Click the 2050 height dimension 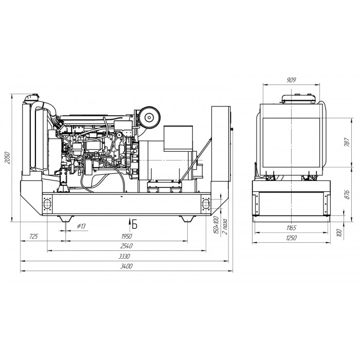[8, 157]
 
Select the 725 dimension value [33, 236]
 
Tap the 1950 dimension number [127, 236]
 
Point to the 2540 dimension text [127, 246]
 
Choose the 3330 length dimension [124, 256]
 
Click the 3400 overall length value [127, 266]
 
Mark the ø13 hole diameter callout [81, 226]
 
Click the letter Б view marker [135, 224]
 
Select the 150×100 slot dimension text [216, 225]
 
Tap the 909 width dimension [292, 80]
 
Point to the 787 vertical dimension [347, 142]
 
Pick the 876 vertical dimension [347, 194]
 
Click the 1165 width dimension [292, 228]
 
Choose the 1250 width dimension [291, 238]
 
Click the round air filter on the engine [150, 117]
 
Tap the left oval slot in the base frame [47, 204]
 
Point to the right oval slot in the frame [206, 204]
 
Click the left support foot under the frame [66, 219]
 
